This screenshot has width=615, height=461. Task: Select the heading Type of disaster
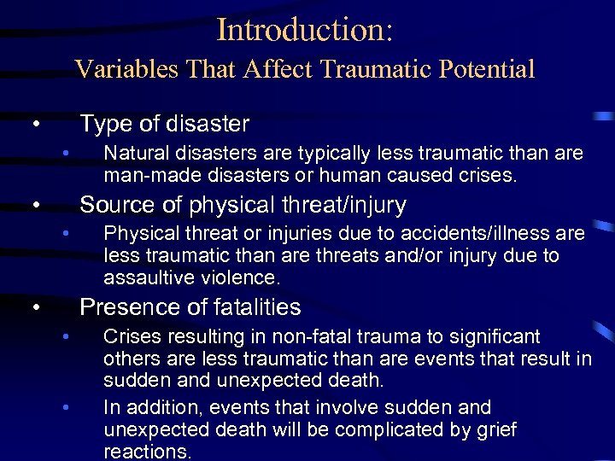pos(164,125)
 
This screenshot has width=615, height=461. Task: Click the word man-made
pos(144,176)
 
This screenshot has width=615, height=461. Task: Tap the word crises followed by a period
pos(484,176)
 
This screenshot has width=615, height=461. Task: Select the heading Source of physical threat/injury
pos(243,206)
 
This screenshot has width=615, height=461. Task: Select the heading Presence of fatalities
pos(190,307)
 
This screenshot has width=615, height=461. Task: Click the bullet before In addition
pos(65,408)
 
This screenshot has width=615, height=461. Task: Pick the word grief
pos(496,429)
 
